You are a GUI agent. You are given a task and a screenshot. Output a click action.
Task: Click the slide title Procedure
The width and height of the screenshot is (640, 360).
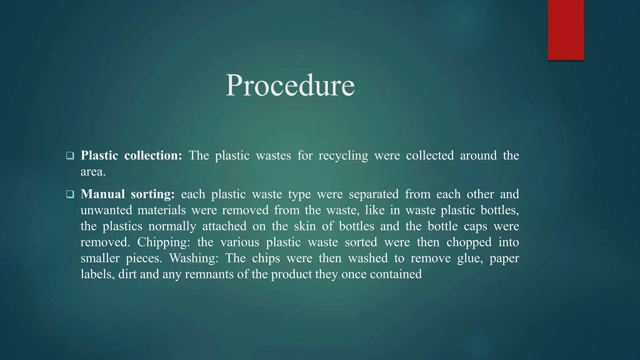coord(290,85)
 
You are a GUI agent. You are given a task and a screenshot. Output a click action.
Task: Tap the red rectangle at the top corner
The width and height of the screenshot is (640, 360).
coord(566,30)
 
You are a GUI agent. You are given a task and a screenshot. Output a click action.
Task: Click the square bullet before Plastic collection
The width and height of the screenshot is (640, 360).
coord(70,155)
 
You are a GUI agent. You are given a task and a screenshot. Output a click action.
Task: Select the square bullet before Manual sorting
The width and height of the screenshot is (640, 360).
coord(70,194)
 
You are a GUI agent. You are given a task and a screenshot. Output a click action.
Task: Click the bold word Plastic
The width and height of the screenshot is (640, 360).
coord(99,155)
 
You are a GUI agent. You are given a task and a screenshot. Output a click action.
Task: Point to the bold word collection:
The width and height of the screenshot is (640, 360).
coord(153,155)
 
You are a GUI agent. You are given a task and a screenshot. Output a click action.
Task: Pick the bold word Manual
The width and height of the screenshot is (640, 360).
coord(103,194)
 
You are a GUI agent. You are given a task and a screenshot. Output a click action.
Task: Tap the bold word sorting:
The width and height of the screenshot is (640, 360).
coord(153,194)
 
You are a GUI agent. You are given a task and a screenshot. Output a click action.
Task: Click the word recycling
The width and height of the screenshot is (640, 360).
coord(343,156)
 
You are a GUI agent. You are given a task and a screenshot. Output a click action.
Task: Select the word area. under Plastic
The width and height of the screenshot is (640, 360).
coord(93,172)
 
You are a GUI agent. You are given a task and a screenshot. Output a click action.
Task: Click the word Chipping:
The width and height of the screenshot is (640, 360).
coord(164,242)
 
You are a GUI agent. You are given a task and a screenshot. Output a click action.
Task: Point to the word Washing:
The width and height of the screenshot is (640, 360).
coord(193,258)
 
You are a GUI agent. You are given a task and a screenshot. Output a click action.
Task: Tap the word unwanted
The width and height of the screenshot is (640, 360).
coord(106,210)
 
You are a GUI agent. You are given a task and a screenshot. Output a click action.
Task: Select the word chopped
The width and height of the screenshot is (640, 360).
coord(469,242)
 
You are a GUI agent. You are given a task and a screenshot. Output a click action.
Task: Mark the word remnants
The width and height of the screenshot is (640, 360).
coord(208,274)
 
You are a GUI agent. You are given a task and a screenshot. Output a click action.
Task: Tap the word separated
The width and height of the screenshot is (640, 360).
coord(374,194)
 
